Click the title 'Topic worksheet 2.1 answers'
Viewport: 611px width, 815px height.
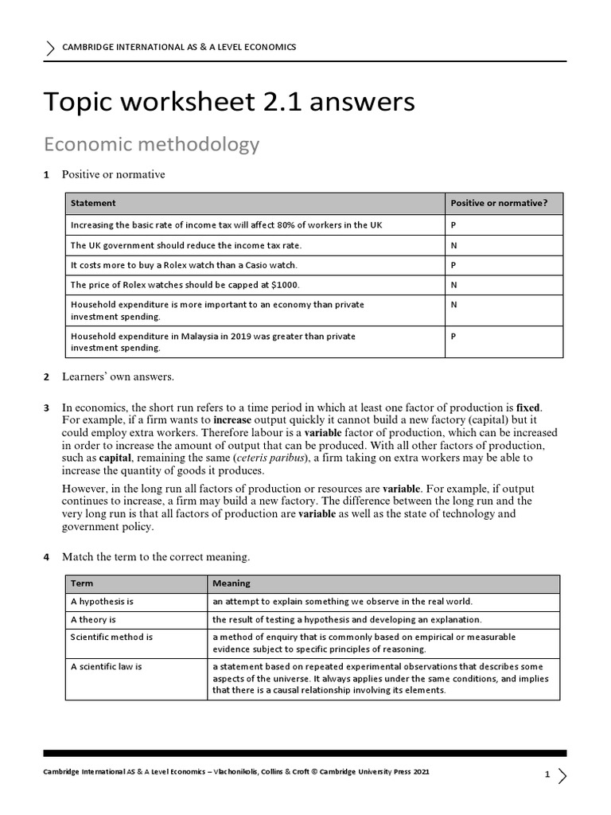pos(229,103)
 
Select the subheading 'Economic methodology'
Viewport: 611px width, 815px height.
pos(151,144)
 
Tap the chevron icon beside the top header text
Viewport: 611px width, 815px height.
pos(53,49)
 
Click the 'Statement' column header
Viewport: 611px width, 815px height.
pos(93,203)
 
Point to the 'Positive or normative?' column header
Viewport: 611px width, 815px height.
pos(499,203)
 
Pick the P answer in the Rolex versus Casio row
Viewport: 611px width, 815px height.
pos(453,264)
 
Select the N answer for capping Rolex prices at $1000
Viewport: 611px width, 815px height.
pos(453,284)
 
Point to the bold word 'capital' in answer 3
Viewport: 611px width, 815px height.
pos(115,458)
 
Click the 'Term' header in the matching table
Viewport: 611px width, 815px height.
pos(81,583)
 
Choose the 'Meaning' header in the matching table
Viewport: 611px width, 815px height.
pos(231,583)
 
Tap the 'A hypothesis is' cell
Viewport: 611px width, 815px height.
pos(102,601)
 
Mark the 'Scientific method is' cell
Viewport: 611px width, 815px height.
pos(111,637)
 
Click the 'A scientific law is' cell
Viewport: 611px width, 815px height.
pos(107,666)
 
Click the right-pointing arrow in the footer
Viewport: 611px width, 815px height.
pos(562,775)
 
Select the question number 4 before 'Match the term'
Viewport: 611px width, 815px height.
pos(46,557)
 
